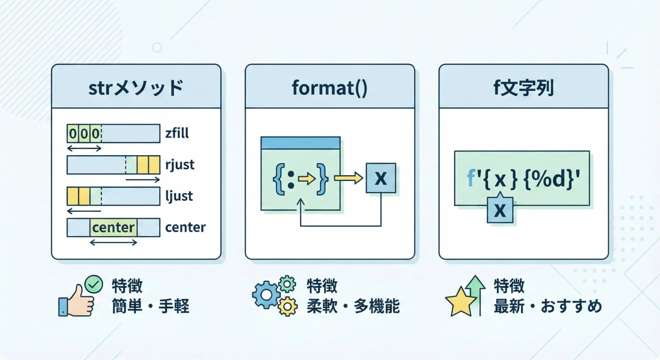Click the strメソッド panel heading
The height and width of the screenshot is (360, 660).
point(136,88)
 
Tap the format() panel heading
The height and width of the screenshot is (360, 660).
point(330,88)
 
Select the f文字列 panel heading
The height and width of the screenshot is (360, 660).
point(523,88)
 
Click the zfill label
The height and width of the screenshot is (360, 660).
point(177,133)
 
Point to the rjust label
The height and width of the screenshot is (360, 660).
point(180,165)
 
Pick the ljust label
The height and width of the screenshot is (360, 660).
point(179,196)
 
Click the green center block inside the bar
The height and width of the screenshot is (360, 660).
point(113,227)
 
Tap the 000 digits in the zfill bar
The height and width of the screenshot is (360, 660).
point(84,133)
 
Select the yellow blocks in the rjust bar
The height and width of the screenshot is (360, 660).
point(148,165)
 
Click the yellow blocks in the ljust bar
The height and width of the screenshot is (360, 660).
point(79,196)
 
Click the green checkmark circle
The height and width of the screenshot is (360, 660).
point(93,284)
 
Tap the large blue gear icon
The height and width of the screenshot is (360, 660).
point(266,295)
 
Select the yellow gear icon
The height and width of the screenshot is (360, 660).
point(288,306)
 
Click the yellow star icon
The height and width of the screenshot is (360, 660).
point(461,301)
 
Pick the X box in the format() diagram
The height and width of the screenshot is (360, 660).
point(381,178)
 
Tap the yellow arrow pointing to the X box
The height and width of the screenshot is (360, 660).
point(349,178)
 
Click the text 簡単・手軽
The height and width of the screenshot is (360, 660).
point(151,306)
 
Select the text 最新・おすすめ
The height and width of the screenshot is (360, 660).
point(548,306)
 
